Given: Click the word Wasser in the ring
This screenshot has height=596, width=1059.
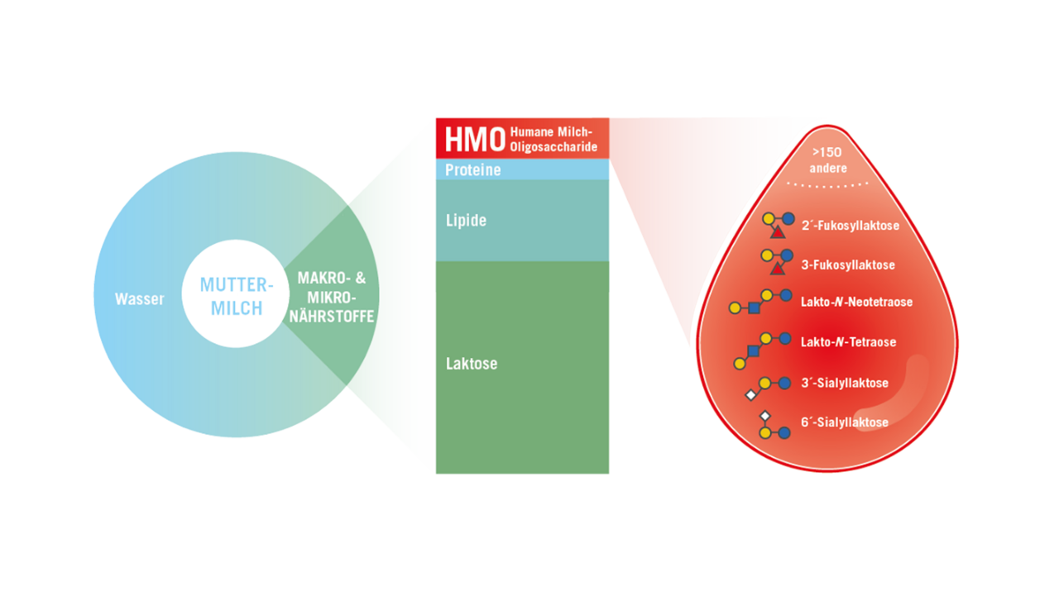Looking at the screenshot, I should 140,299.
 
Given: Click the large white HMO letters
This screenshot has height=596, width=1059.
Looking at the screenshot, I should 474,139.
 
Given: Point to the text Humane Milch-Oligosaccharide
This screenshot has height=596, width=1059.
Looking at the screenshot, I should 553,139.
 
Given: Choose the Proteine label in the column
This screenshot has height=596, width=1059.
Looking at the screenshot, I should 473,169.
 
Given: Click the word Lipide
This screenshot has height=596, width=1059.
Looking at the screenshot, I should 466,221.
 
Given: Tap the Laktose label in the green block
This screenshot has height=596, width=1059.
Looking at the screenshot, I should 472,363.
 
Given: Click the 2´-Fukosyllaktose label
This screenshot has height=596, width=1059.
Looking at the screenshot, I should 850,225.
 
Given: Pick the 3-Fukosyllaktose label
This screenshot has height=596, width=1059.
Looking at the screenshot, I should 848,265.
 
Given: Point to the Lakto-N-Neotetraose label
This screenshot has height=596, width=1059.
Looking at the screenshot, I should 856,303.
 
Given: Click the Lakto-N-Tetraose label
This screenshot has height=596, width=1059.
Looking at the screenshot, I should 848,342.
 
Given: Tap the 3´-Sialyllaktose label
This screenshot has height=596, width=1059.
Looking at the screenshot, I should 844,384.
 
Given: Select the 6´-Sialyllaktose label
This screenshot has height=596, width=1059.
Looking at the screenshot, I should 844,422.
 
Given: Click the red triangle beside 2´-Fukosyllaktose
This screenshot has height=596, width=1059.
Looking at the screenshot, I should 778,232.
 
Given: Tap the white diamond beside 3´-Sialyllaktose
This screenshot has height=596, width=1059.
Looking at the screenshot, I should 751,395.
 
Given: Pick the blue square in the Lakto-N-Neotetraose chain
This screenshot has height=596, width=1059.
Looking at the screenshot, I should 754,308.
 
